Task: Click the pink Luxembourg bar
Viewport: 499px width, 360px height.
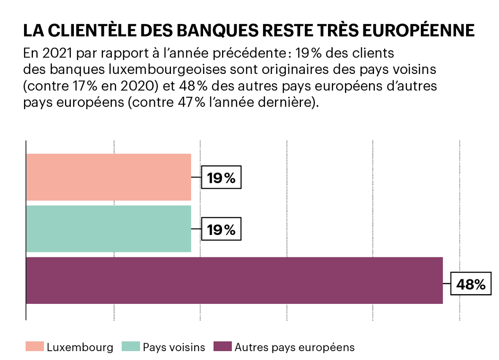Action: [108, 177]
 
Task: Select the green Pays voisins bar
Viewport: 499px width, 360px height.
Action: [108, 229]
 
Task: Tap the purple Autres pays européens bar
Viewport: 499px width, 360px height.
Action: [234, 281]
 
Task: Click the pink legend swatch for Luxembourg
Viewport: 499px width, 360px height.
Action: [34, 347]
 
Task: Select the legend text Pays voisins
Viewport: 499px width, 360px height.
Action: [174, 347]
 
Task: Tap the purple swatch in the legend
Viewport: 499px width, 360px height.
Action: [222, 347]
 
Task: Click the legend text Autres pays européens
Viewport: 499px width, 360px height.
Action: [295, 347]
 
